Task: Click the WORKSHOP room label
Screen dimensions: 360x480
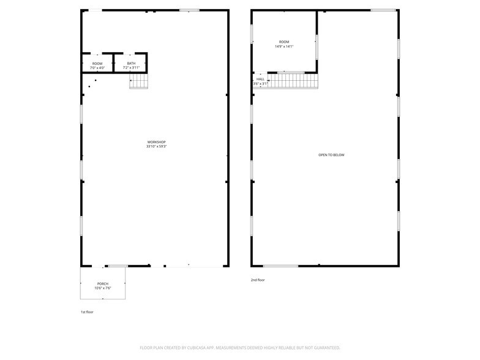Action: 156,142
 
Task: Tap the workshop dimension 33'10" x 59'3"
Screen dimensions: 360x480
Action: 156,147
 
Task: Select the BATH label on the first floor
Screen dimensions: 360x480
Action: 131,63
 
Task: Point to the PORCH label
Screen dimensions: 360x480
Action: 102,283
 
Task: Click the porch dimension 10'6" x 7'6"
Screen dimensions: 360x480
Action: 102,288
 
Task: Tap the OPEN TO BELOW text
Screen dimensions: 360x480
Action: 331,155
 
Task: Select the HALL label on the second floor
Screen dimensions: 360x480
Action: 261,79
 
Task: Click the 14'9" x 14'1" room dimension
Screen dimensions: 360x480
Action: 284,47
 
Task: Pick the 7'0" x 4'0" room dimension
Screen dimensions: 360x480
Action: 97,67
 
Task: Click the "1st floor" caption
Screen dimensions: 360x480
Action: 87,312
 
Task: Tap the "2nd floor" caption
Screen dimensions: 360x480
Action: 258,280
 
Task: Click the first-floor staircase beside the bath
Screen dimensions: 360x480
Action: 139,81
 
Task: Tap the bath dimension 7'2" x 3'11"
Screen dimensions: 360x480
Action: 131,67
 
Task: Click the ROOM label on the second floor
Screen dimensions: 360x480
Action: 284,42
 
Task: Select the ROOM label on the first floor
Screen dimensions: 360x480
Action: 97,63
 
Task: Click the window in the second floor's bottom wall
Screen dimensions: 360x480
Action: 280,266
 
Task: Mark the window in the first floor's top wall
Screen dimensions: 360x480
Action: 189,10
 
